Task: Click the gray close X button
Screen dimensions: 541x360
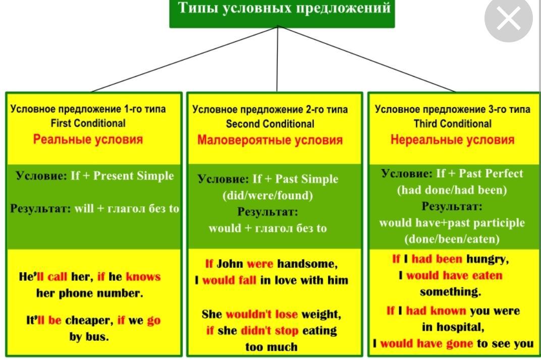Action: (509, 19)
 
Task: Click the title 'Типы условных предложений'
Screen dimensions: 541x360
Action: (284, 8)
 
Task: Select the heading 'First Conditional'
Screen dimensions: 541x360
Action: (88, 123)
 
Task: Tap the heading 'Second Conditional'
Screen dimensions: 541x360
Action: (270, 124)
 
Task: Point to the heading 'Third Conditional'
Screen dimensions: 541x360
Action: (452, 124)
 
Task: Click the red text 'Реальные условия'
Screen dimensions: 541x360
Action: (88, 139)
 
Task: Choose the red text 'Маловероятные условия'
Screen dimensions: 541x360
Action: (270, 140)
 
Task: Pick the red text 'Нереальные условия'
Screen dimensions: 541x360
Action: (452, 140)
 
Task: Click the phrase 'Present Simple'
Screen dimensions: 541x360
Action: (134, 175)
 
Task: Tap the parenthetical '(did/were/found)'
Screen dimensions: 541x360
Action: (268, 196)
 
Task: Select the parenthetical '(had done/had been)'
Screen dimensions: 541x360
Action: (452, 190)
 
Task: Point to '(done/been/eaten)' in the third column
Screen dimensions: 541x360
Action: (452, 239)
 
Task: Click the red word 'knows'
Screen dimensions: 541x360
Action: (143, 276)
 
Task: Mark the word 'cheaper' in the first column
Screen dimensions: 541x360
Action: (89, 321)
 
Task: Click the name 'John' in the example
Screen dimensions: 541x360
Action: (230, 264)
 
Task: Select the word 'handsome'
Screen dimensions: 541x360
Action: (307, 264)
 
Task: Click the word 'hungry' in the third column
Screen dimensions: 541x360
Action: (488, 259)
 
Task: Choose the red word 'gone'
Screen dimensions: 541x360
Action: (460, 344)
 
